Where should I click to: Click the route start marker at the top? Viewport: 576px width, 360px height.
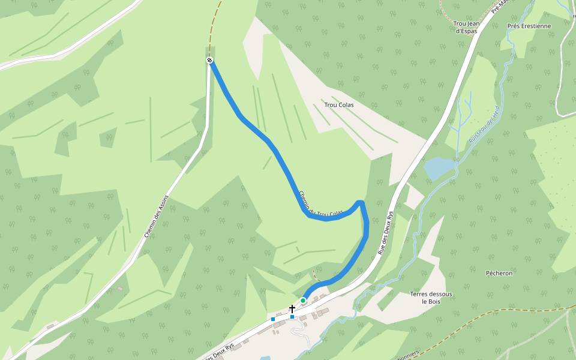tap(210, 60)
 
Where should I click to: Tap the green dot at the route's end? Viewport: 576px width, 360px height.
tap(303, 300)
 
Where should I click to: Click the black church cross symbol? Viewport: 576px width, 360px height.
tap(292, 308)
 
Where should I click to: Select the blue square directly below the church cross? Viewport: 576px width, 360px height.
tap(292, 316)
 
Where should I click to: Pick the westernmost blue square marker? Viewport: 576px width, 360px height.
tap(273, 319)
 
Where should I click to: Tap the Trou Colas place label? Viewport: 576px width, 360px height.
tap(338, 105)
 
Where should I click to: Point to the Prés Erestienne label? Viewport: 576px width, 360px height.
tap(529, 26)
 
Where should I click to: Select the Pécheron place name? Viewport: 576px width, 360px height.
tap(499, 273)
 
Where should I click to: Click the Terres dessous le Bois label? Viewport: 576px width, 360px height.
tap(431, 298)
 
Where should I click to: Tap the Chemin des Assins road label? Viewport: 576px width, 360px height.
tap(157, 216)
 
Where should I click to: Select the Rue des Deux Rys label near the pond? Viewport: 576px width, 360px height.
tap(386, 233)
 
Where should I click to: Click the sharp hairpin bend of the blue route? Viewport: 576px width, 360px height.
tap(360, 203)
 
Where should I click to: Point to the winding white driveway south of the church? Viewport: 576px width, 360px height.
tap(300, 333)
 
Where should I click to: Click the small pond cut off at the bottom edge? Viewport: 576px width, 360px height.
tap(265, 358)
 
